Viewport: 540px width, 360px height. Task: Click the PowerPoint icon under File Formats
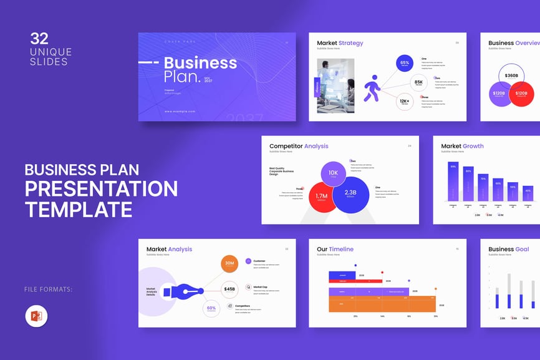36,316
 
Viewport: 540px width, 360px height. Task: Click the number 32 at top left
39,39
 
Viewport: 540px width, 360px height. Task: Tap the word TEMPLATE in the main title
79,208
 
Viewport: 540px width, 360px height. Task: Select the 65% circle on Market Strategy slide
405,63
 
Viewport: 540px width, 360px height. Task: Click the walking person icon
372,88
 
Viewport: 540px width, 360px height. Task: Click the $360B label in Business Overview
511,75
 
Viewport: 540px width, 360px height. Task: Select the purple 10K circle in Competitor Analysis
334,173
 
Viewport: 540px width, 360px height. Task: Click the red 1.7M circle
322,197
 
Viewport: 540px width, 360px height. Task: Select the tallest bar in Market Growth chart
453,182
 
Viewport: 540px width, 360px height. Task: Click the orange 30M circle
229,265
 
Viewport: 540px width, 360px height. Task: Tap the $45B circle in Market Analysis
229,289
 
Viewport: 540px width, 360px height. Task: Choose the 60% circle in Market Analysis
212,308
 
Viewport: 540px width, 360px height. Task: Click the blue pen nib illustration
185,291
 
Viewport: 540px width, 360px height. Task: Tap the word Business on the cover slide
200,62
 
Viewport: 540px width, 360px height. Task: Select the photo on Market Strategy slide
335,85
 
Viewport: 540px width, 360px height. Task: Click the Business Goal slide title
508,249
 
